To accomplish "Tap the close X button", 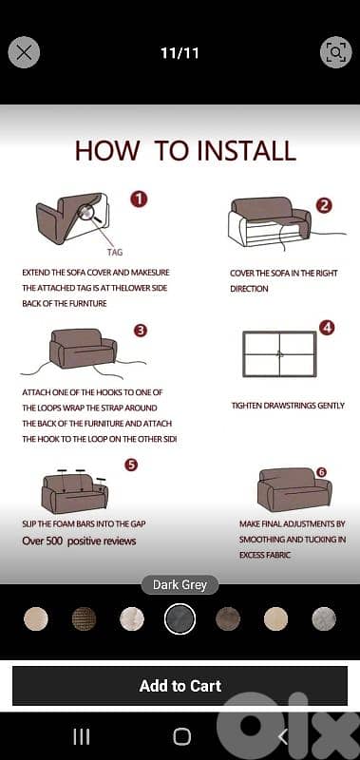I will pyautogui.click(x=24, y=52).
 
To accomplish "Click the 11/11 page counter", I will pyautogui.click(x=180, y=53).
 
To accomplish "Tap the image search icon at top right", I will pyautogui.click(x=335, y=52).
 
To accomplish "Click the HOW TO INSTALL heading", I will pyautogui.click(x=185, y=150).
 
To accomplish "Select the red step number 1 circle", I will pyautogui.click(x=140, y=199).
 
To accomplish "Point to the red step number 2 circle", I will pyautogui.click(x=324, y=205).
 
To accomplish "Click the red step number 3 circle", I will pyautogui.click(x=141, y=331).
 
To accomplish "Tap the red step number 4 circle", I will pyautogui.click(x=327, y=327).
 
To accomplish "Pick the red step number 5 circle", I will pyautogui.click(x=131, y=465).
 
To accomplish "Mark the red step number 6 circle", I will pyautogui.click(x=321, y=471).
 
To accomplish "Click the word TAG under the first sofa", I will pyautogui.click(x=114, y=253).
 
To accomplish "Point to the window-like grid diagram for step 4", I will pyautogui.click(x=279, y=353).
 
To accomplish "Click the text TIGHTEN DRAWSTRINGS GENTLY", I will pyautogui.click(x=288, y=406).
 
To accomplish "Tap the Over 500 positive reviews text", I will pyautogui.click(x=79, y=541).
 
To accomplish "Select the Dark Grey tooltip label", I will pyautogui.click(x=180, y=585).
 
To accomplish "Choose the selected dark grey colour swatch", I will pyautogui.click(x=180, y=619).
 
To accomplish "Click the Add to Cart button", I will pyautogui.click(x=180, y=686).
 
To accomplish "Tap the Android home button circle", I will pyautogui.click(x=181, y=736).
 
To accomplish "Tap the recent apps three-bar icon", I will pyautogui.click(x=82, y=736).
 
